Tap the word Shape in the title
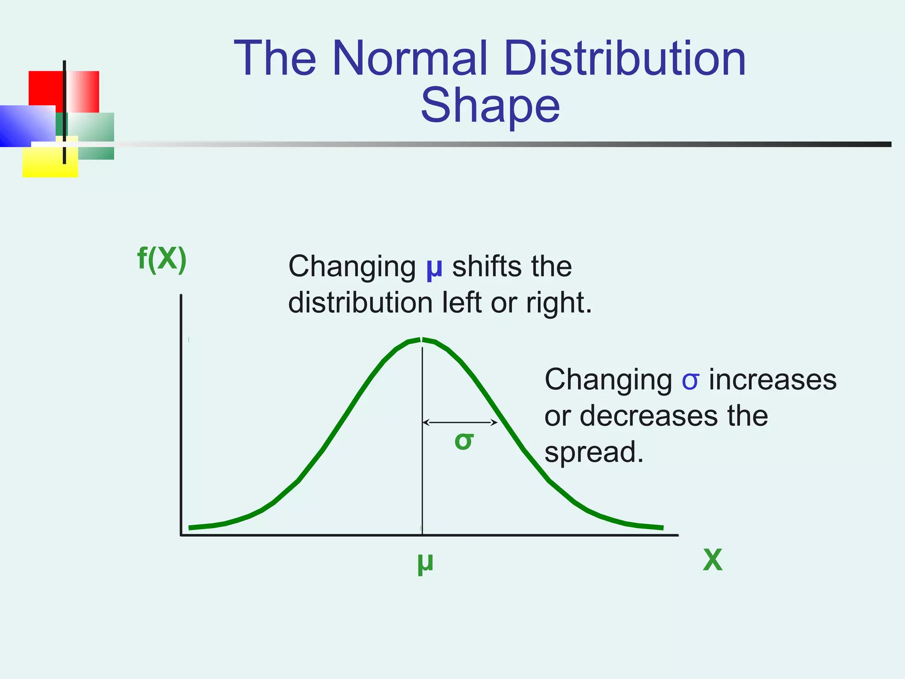490,106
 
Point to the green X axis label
712,560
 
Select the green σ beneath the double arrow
464,441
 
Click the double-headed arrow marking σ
460,423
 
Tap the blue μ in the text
434,267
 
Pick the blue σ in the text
690,380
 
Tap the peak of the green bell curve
421,339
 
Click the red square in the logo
46,88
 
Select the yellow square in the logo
49,162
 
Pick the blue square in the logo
27,126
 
